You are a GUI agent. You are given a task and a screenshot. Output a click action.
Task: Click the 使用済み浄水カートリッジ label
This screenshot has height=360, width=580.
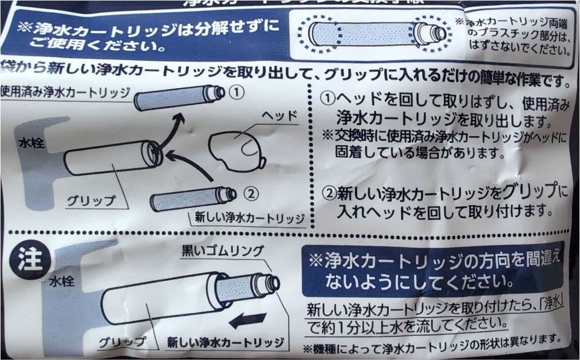click(x=64, y=90)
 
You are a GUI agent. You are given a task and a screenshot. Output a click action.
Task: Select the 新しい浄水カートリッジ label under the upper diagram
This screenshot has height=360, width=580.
click(x=247, y=219)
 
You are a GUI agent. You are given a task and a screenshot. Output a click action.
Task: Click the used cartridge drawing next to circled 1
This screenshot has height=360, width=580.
click(x=177, y=97)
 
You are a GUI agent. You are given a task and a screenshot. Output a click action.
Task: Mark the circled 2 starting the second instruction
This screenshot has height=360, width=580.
click(x=328, y=191)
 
